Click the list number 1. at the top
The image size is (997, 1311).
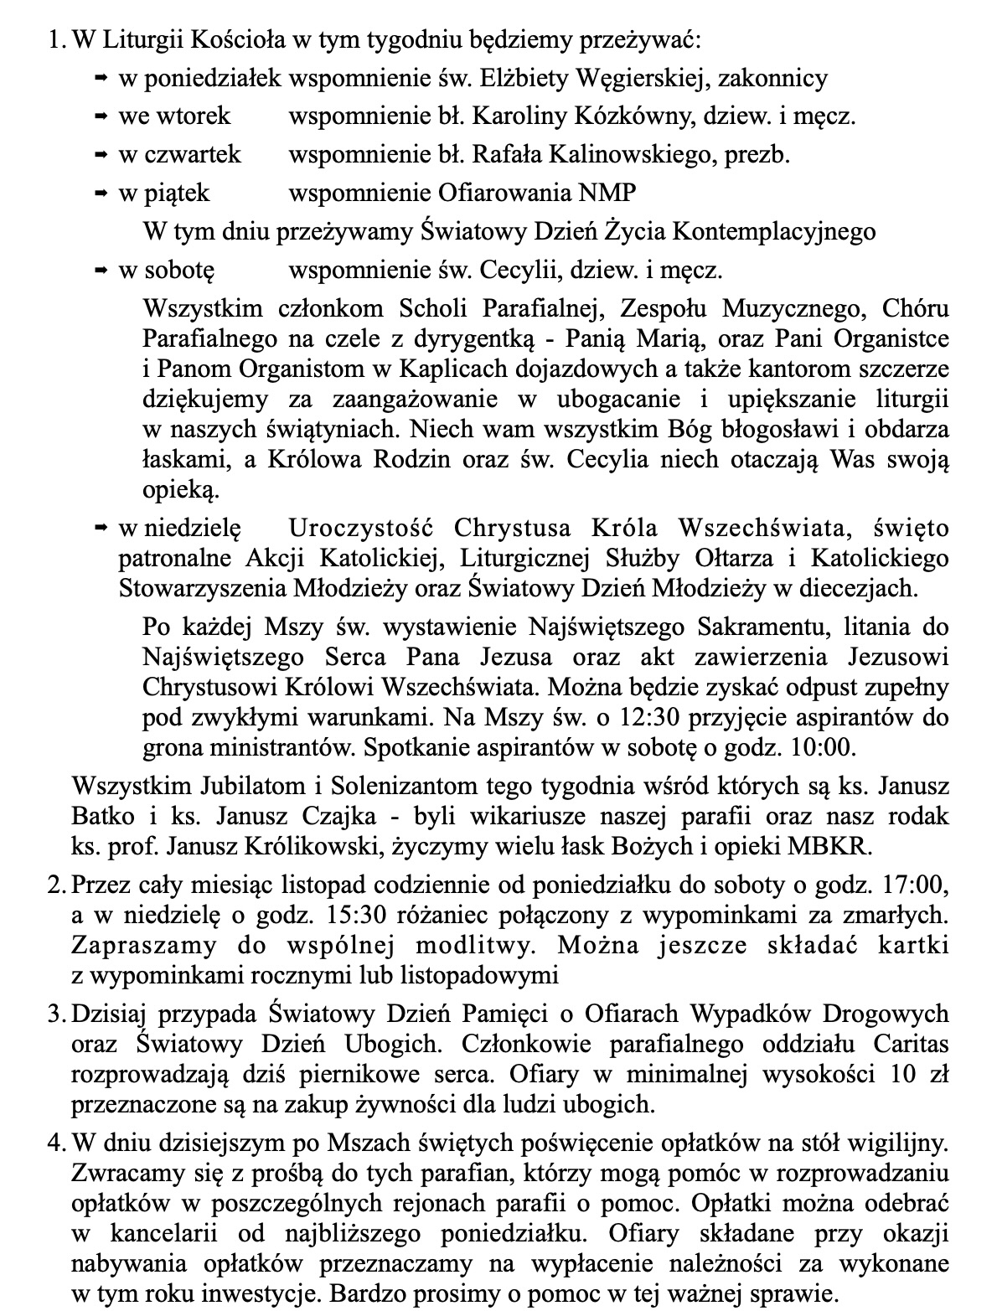[x=56, y=39]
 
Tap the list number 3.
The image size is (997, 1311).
[x=55, y=1014]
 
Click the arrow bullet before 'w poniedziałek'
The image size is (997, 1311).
[x=101, y=79]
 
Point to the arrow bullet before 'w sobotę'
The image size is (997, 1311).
[x=101, y=271]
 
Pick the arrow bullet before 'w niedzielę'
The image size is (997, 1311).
[x=101, y=529]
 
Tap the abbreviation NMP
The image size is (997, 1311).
[x=607, y=194]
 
